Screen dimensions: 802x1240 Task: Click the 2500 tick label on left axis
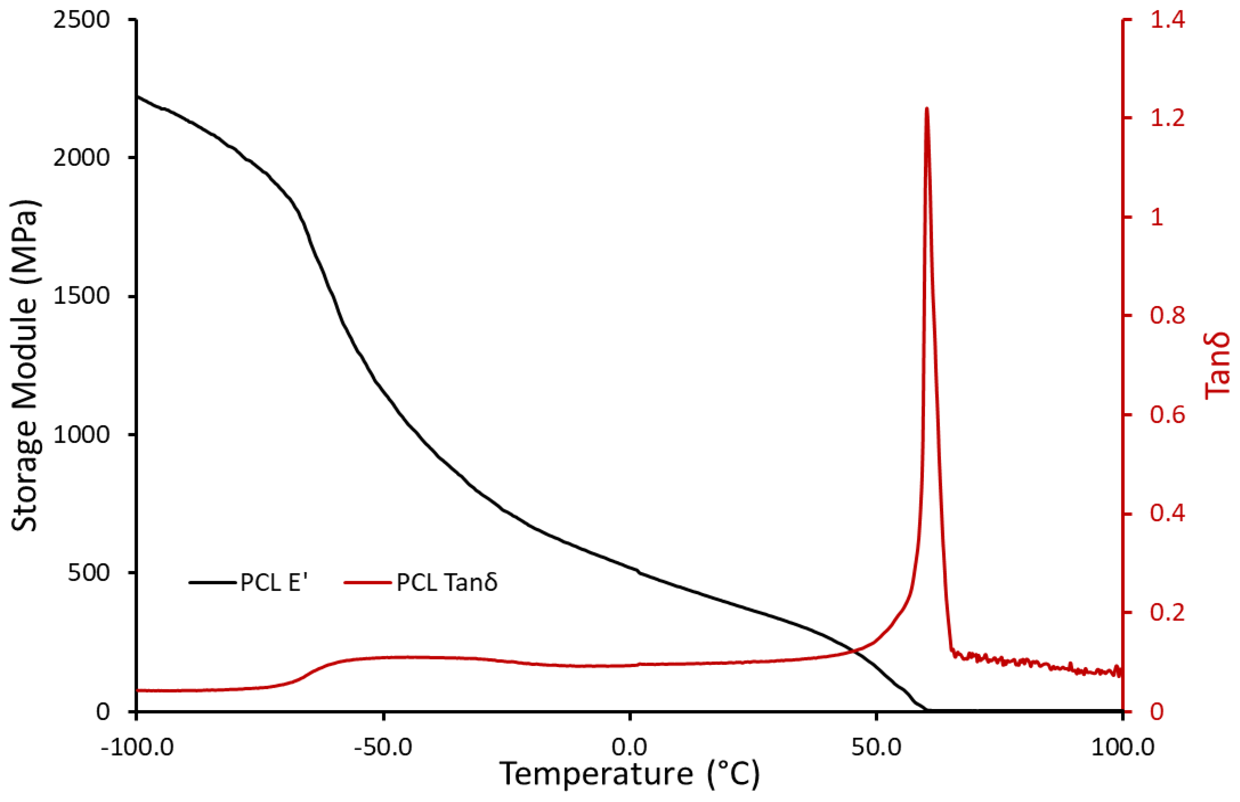[x=81, y=20]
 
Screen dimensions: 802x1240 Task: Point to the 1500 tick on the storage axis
[x=81, y=296]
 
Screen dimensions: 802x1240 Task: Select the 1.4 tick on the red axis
[x=1167, y=20]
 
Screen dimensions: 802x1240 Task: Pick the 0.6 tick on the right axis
[x=1167, y=415]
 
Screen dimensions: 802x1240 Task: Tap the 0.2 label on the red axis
[x=1167, y=612]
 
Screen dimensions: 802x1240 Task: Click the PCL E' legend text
[x=274, y=582]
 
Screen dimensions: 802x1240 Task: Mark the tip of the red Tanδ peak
[x=927, y=108]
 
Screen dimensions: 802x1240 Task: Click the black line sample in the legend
[x=212, y=582]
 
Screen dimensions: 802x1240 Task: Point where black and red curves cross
[x=853, y=650]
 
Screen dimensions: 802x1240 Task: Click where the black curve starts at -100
[x=137, y=96]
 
